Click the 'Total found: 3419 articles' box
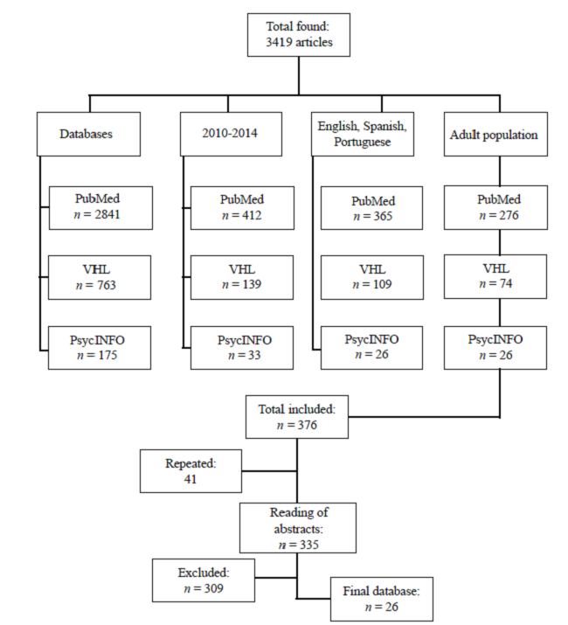[x=298, y=35]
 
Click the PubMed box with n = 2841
[x=96, y=207]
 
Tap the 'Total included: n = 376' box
[x=298, y=416]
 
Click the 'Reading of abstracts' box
[x=298, y=527]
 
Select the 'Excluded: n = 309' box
[x=204, y=580]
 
